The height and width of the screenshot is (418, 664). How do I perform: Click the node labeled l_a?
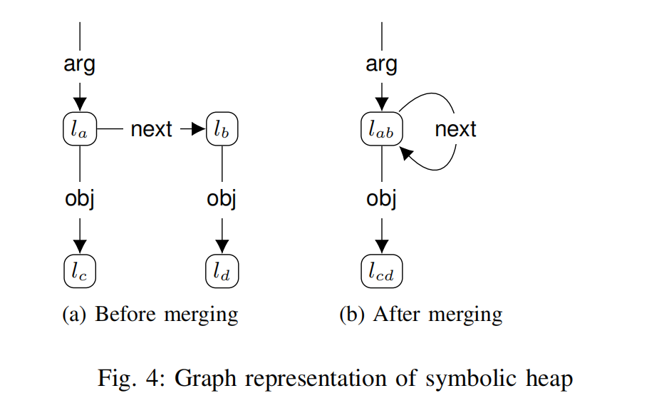[x=80, y=129]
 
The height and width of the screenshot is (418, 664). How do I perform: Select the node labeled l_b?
[x=222, y=129]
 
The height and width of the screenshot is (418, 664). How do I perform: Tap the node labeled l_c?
[x=80, y=271]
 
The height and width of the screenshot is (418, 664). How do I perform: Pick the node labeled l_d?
[x=222, y=271]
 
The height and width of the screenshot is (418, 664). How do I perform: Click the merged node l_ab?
[x=382, y=129]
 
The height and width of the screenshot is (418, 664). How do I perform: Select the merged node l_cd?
[x=382, y=271]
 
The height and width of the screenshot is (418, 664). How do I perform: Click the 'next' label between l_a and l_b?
[x=151, y=129]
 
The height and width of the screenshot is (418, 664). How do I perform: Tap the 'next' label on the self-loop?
[x=455, y=129]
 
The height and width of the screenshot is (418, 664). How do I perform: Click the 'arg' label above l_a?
[x=79, y=65]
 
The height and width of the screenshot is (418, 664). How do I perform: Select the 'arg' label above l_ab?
[x=381, y=65]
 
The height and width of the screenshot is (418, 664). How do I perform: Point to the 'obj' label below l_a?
[x=80, y=199]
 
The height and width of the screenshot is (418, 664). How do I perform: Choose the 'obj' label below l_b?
[x=222, y=199]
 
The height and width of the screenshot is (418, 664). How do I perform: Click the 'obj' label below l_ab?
[x=381, y=199]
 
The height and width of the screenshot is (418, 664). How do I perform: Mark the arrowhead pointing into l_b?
[x=199, y=129]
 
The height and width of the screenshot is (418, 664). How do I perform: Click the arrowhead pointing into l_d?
[x=222, y=247]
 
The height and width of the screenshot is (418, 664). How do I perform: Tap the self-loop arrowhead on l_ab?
[x=406, y=153]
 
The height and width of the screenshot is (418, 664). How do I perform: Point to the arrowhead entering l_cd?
[x=382, y=247]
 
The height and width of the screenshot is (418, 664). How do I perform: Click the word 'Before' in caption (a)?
[x=125, y=315]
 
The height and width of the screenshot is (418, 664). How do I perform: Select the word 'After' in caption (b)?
[x=397, y=315]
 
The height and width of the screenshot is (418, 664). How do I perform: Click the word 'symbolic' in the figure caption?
[x=471, y=378]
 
